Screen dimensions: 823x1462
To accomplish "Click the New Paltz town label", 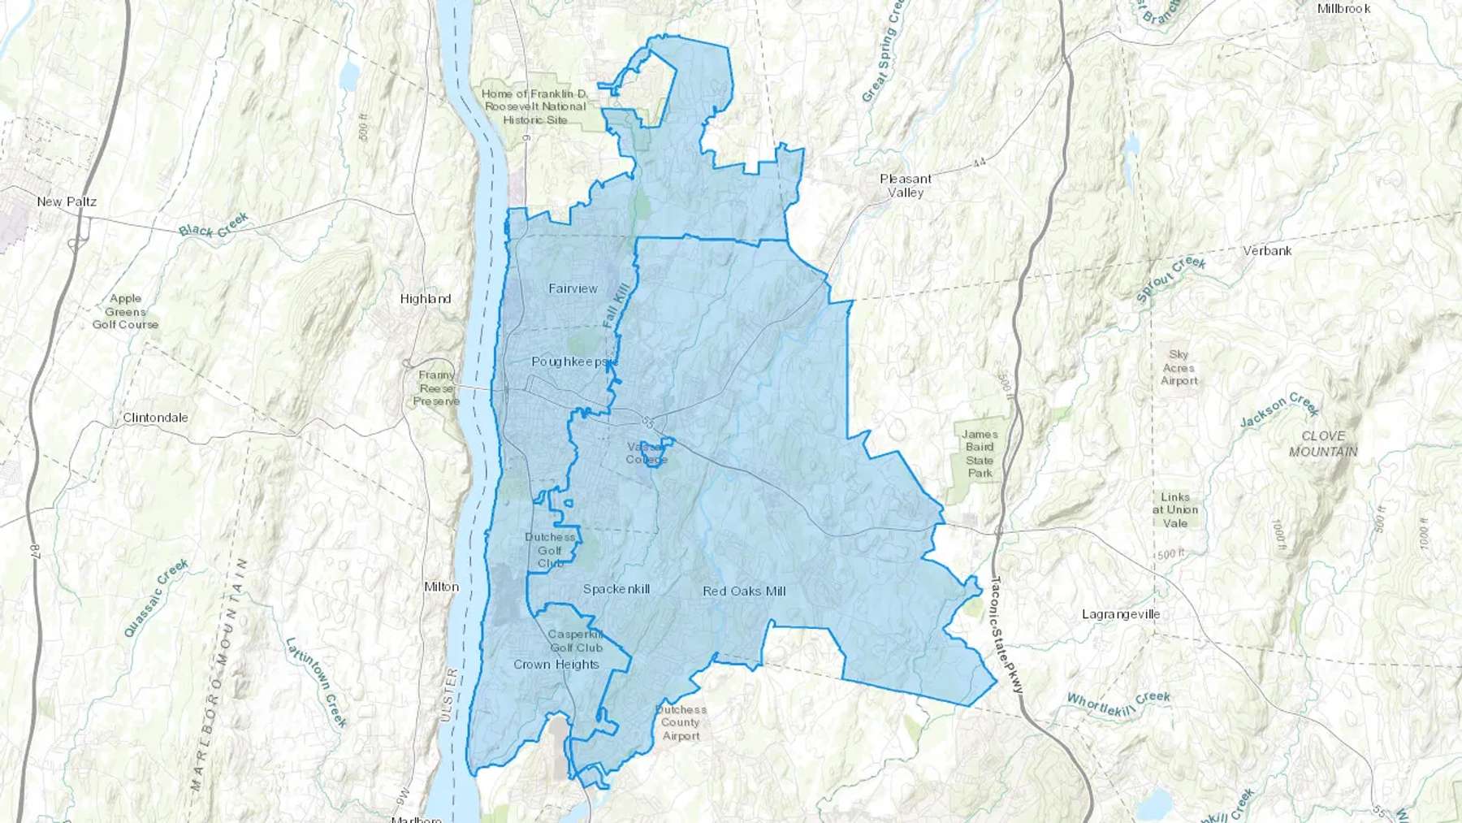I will pos(67,201).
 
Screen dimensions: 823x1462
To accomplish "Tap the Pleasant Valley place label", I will pos(906,186).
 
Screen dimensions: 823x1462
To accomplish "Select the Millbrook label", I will pos(1343,9).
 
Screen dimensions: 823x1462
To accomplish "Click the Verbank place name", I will pos(1267,251).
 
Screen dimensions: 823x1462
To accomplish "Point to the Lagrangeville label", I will pos(1121,614).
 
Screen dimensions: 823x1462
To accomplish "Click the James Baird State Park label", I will pos(980,453).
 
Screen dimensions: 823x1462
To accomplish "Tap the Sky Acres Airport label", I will pos(1179,367).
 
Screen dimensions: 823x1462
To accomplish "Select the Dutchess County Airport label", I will pos(681,722).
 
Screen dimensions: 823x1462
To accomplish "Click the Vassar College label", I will pos(647,453).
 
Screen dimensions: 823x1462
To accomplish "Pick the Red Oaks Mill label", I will pos(744,591).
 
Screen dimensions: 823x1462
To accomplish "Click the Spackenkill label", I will pos(616,589).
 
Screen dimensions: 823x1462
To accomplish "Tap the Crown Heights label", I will pos(556,665).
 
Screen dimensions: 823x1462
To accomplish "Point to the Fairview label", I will pos(573,288).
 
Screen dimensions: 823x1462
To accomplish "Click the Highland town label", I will pos(425,299).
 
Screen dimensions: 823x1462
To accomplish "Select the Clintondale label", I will pos(155,418).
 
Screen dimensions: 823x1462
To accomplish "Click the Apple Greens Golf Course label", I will pos(125,311).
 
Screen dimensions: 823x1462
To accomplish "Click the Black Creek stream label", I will pos(214,225).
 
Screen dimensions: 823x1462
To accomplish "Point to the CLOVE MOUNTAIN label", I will pos(1323,444).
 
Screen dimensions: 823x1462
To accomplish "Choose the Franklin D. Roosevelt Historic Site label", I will pos(534,106).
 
